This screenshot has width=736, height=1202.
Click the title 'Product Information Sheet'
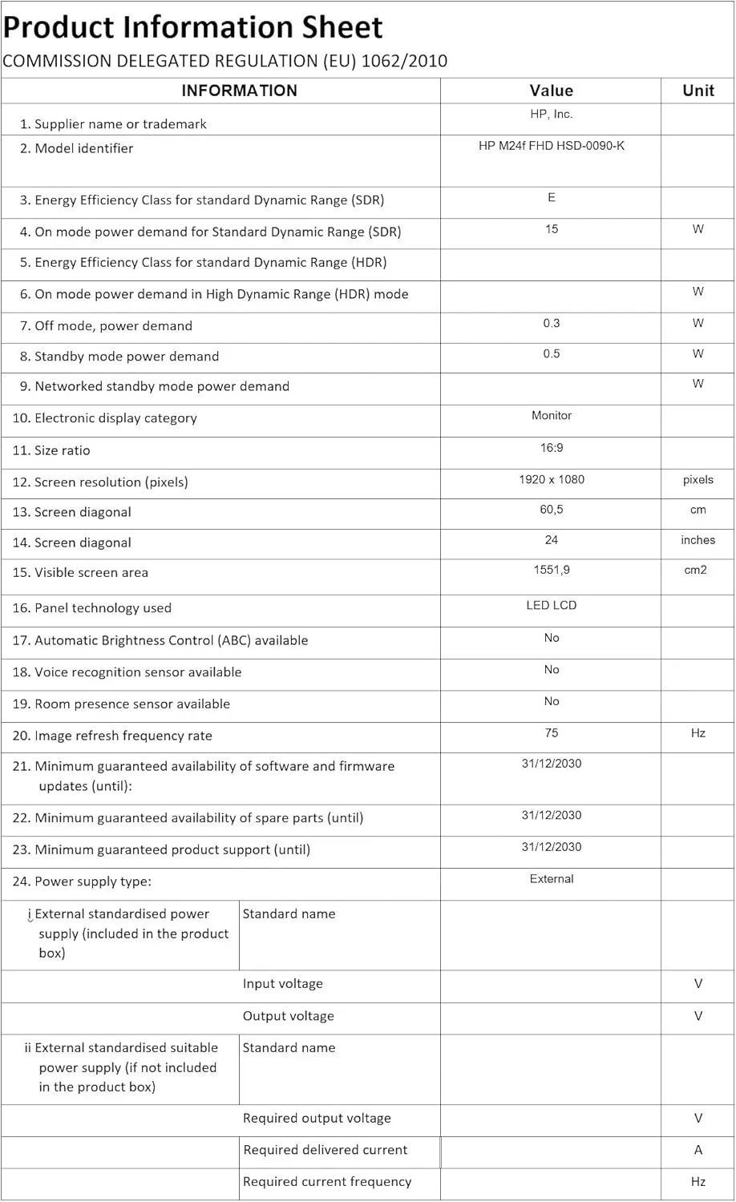(192, 27)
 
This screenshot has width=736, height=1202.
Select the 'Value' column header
(551, 91)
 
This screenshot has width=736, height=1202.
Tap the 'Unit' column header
(698, 91)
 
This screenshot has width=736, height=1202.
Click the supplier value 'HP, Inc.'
(551, 115)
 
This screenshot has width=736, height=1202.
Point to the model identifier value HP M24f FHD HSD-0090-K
(551, 146)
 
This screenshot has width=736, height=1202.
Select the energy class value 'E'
(551, 198)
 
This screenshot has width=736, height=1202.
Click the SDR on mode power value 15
(551, 229)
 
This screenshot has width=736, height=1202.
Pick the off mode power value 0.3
(551, 324)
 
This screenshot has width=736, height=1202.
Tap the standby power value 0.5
(551, 354)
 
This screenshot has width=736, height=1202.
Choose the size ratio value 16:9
(551, 448)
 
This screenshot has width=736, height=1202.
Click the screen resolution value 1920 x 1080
(551, 479)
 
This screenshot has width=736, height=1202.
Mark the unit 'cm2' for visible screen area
(695, 571)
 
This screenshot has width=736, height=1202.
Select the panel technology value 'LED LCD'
(551, 605)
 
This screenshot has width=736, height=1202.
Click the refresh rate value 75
(551, 732)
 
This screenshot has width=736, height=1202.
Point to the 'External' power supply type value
(551, 879)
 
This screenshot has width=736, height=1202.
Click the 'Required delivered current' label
(325, 1150)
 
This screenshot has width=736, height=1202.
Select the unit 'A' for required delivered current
(698, 1150)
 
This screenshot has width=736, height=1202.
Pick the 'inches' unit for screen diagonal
(698, 540)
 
